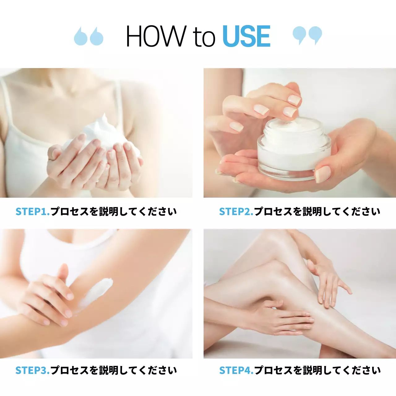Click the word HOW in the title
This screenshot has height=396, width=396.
point(156,37)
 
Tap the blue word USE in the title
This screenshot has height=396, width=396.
point(246,37)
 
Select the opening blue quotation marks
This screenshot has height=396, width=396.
point(88,36)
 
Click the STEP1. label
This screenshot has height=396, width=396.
point(32,212)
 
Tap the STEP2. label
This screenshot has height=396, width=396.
point(236,212)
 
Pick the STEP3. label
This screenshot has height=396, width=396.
point(32,370)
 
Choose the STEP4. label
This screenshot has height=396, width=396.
point(236,370)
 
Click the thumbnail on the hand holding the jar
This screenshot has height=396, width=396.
point(322,174)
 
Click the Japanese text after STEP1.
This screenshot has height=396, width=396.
point(114,212)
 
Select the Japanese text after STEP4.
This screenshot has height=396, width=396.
point(317,370)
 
